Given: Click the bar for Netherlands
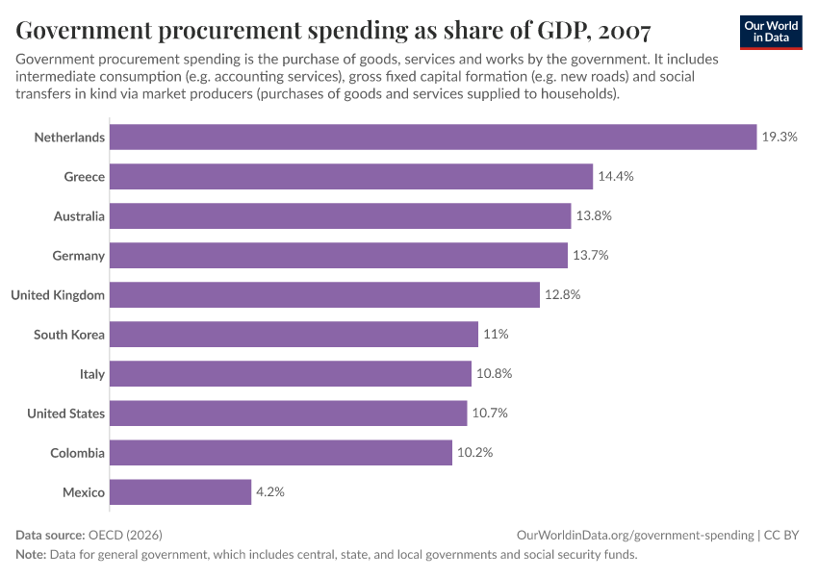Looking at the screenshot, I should [433, 138].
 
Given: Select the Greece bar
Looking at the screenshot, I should [350, 177].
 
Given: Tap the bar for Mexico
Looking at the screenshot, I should [180, 492].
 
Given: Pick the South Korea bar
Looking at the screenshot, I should [294, 335].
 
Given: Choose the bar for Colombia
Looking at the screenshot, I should [280, 453].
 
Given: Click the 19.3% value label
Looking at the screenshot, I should [780, 138].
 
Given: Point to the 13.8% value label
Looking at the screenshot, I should [594, 216].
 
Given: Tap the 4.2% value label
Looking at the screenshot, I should [270, 492].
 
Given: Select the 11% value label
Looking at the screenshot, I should [496, 335].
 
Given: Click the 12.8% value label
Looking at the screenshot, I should [562, 295].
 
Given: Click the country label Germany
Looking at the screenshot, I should [79, 256].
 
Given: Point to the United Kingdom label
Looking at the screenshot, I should [58, 295].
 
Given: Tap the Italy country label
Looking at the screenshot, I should [92, 374].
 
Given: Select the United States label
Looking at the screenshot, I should [65, 414].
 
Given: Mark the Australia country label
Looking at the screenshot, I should [79, 216].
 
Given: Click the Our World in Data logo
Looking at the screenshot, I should [771, 31].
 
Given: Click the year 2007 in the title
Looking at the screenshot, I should [618, 31].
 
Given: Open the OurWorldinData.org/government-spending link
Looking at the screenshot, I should [634, 536].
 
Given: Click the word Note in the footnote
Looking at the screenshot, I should [30, 555].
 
